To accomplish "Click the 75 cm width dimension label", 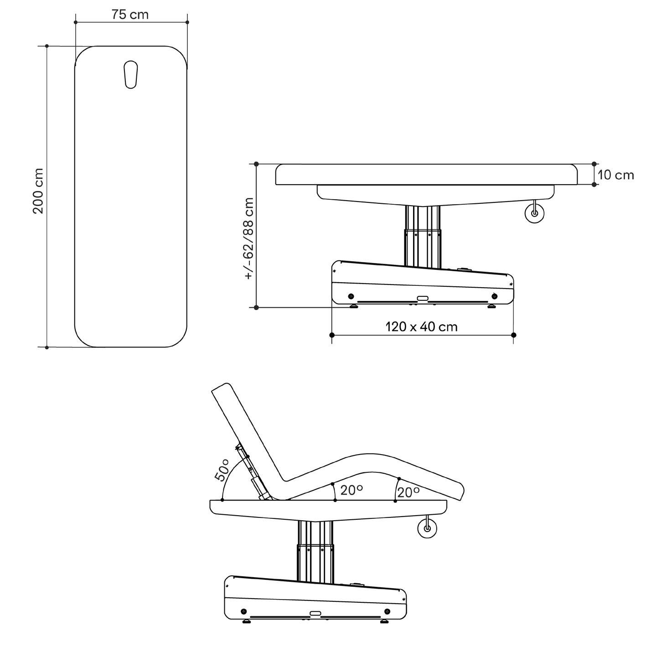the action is click(x=130, y=15).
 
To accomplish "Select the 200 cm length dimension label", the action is click(x=38, y=191).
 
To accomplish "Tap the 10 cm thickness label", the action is click(x=615, y=175).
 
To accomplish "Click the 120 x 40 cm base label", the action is click(x=422, y=326).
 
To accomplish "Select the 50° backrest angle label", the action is click(x=222, y=470).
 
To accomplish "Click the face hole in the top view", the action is click(x=130, y=75).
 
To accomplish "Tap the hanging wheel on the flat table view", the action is click(x=534, y=213).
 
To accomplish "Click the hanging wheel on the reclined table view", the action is click(x=427, y=528).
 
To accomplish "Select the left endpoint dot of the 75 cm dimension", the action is click(x=76, y=22).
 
